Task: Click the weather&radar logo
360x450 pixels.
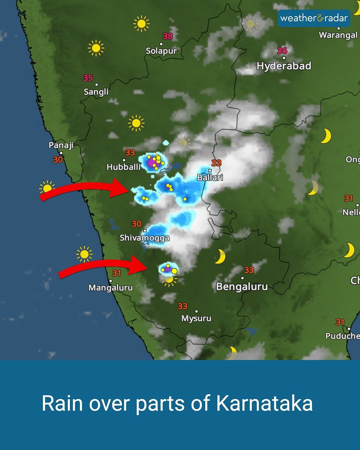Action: [314, 18]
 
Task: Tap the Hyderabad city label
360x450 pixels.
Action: [284, 66]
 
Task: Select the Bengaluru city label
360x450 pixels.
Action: [242, 287]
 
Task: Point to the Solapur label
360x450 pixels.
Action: [161, 51]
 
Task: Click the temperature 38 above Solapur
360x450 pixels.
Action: [168, 36]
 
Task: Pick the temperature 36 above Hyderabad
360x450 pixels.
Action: [282, 50]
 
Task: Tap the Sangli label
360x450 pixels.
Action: [96, 92]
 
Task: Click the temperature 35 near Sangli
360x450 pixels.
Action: [88, 78]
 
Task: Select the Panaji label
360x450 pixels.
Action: [61, 145]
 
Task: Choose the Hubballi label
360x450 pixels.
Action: [124, 167]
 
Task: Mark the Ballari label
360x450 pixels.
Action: [210, 177]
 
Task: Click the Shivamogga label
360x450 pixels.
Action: [145, 238]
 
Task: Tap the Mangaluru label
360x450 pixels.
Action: [111, 288]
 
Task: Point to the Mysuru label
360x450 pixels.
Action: [196, 318]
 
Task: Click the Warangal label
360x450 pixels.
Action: [338, 35]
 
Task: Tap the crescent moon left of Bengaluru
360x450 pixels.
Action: [220, 256]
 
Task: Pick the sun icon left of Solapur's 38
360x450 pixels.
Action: [141, 24]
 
